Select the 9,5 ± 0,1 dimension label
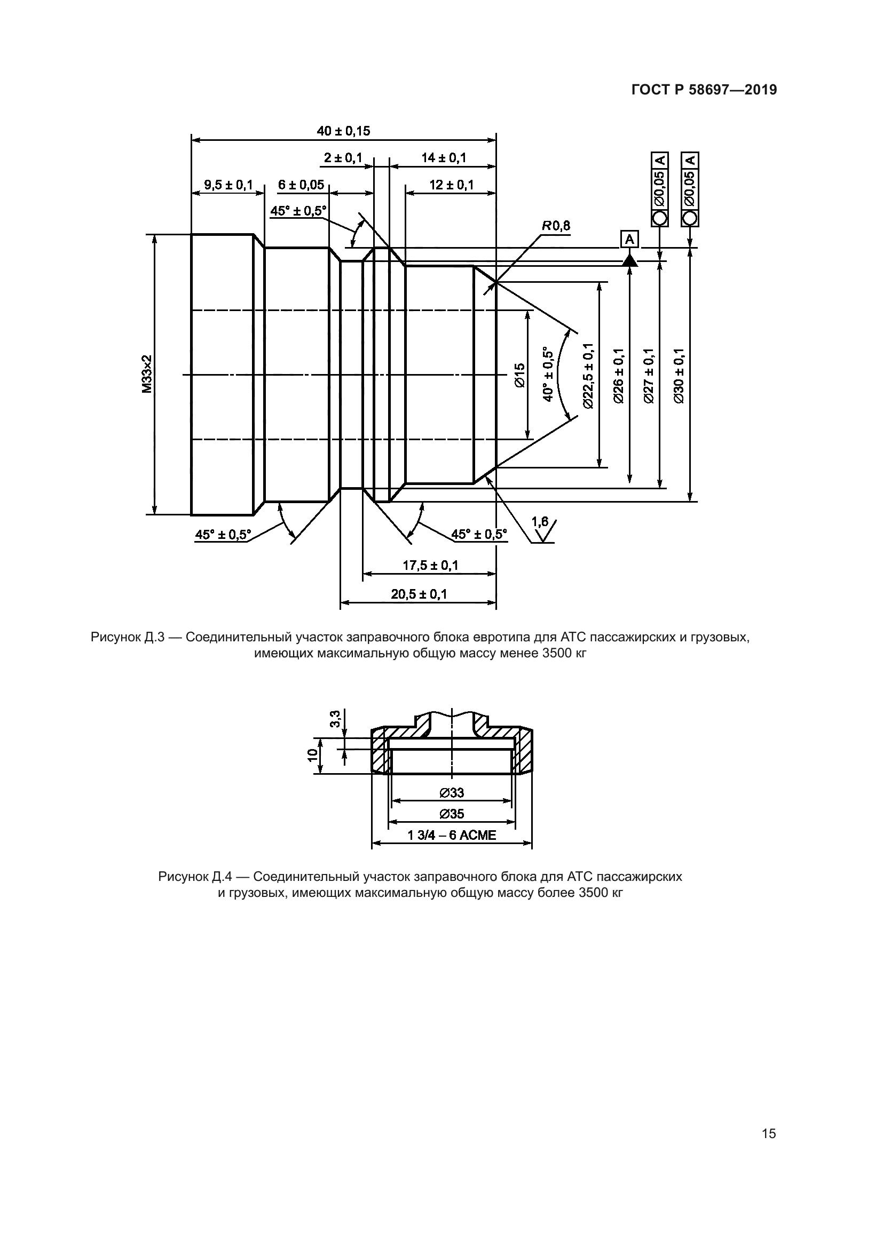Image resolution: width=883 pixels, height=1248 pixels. [x=228, y=185]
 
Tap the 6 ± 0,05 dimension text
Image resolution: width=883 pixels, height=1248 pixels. [x=301, y=185]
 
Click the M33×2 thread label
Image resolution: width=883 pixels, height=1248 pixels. [x=147, y=375]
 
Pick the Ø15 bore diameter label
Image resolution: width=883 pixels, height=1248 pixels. [x=519, y=375]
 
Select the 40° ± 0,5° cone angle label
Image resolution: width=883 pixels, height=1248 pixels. [x=548, y=375]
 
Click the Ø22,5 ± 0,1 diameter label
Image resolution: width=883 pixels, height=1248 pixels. [x=588, y=375]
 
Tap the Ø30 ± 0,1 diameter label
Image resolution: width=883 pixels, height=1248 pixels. [x=679, y=375]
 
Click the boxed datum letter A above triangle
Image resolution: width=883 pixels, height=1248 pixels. [x=629, y=239]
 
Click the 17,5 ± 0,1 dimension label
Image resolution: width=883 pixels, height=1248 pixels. [x=430, y=565]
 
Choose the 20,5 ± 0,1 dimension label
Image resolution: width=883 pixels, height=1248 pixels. [x=419, y=594]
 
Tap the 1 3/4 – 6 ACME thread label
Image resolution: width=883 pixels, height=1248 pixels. [x=452, y=835]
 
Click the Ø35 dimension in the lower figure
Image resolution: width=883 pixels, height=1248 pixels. [x=452, y=814]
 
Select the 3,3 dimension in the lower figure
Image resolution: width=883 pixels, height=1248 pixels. [x=335, y=719]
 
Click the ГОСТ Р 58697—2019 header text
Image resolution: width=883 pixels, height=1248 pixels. [x=704, y=90]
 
